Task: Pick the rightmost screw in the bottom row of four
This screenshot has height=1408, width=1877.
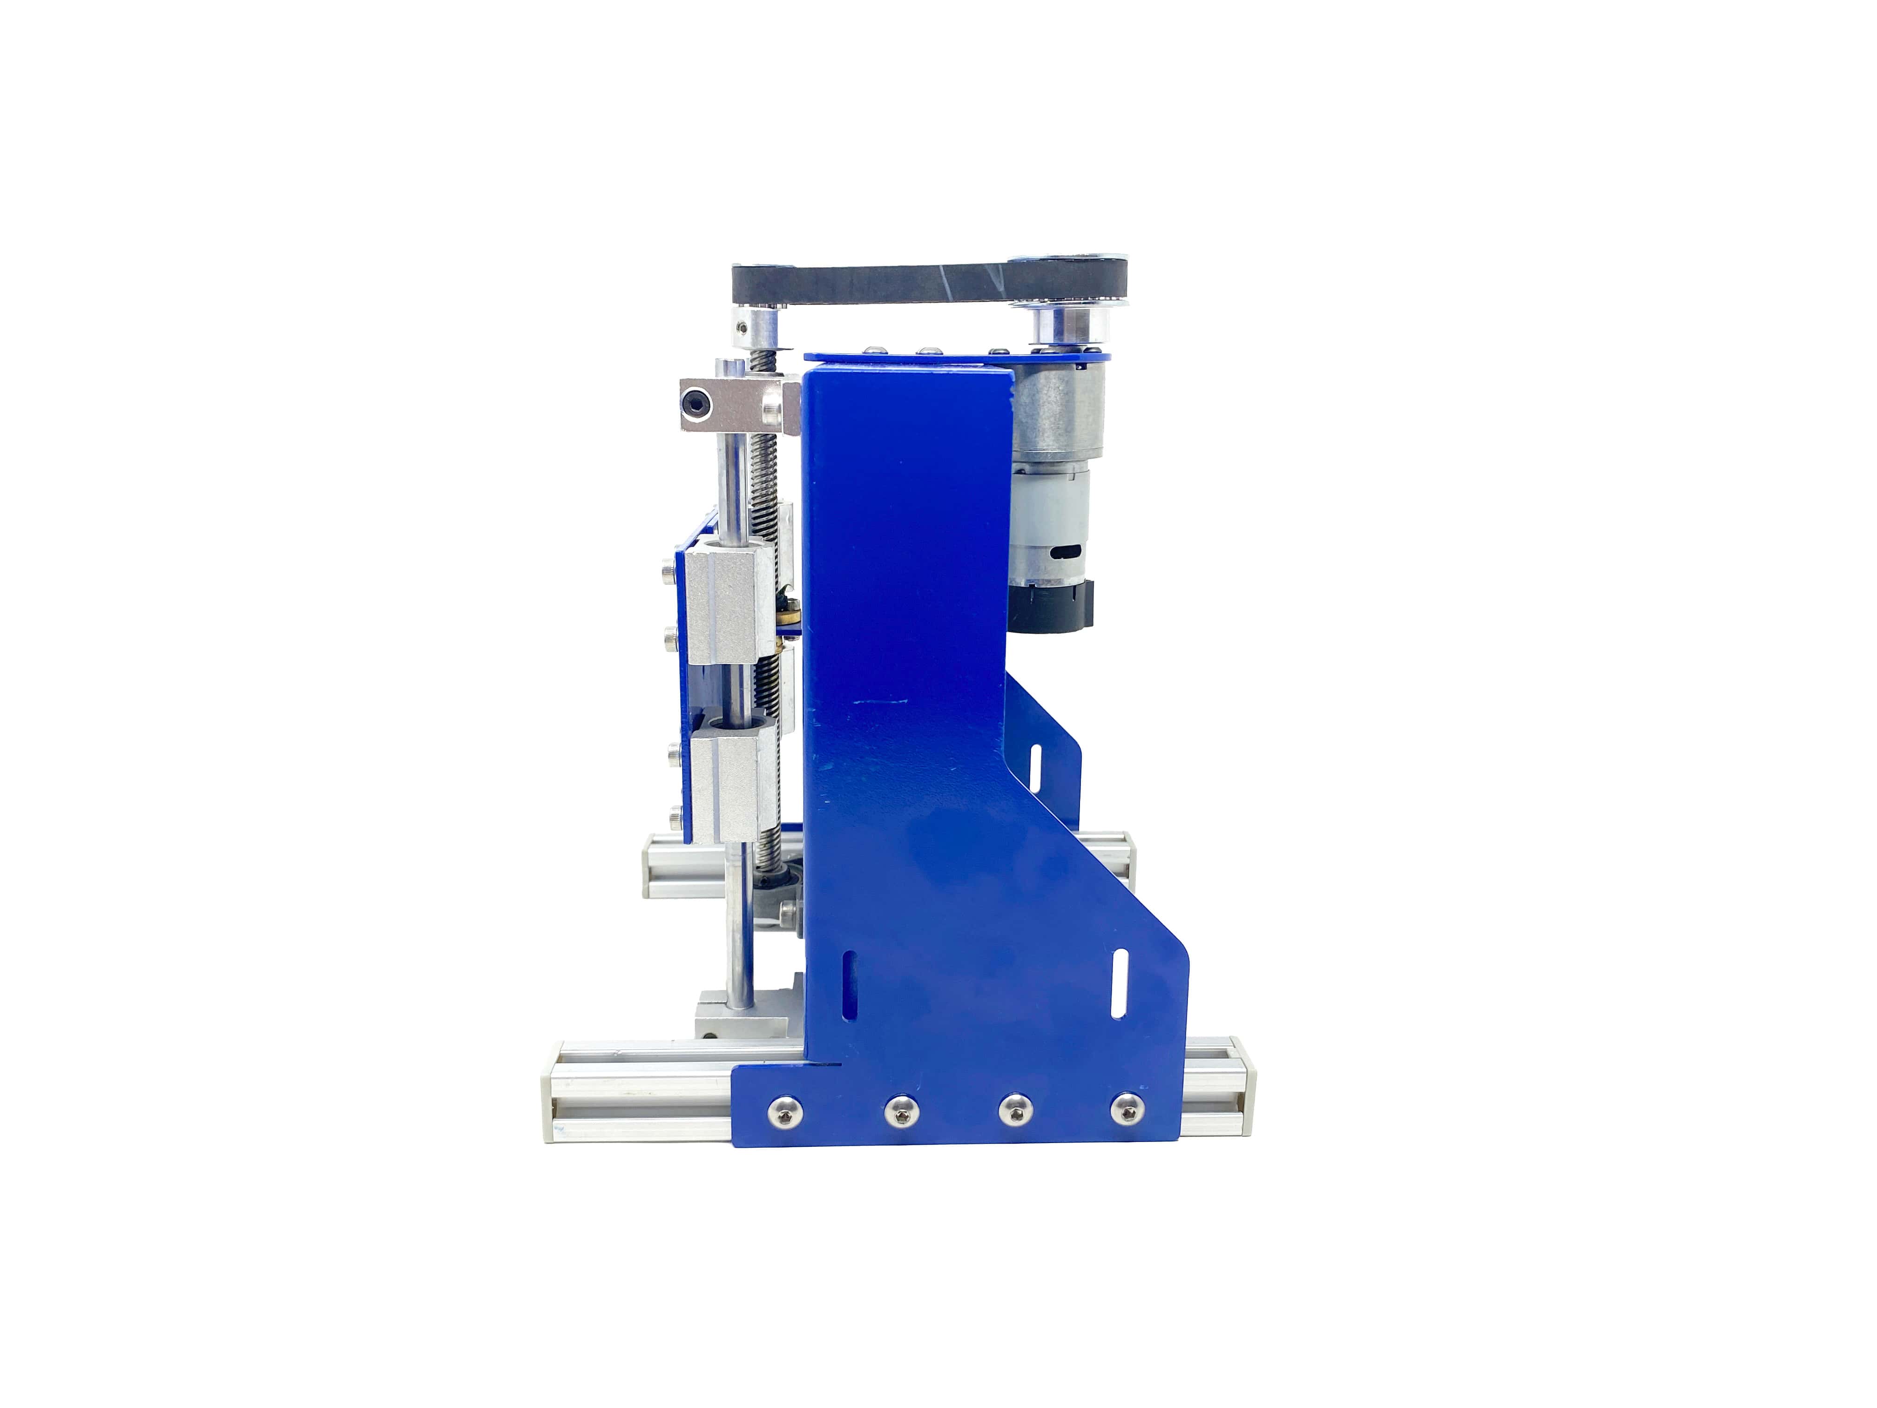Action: (1124, 1109)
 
